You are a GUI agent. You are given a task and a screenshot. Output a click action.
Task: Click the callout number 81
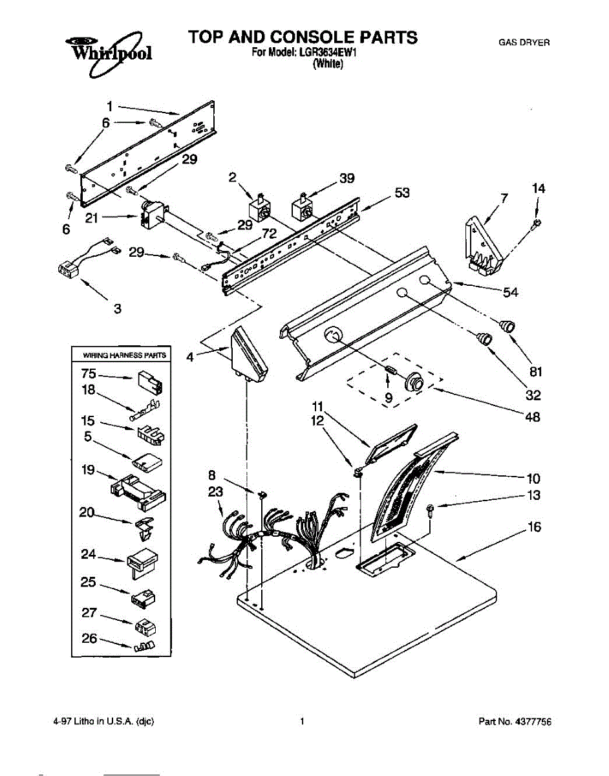tap(535, 372)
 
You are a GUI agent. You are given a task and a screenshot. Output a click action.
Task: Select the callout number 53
tap(402, 193)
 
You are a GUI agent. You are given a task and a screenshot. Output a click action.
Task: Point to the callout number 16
tap(534, 527)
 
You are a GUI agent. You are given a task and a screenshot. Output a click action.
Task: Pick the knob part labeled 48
tap(412, 383)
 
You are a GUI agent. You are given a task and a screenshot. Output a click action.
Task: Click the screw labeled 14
tap(538, 224)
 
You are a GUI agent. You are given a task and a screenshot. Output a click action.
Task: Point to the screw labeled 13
tap(431, 512)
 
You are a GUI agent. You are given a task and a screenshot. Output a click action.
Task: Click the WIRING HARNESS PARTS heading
tap(124, 355)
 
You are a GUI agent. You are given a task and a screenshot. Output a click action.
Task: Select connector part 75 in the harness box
tap(150, 384)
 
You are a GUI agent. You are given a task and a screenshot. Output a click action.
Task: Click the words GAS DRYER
tap(524, 43)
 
